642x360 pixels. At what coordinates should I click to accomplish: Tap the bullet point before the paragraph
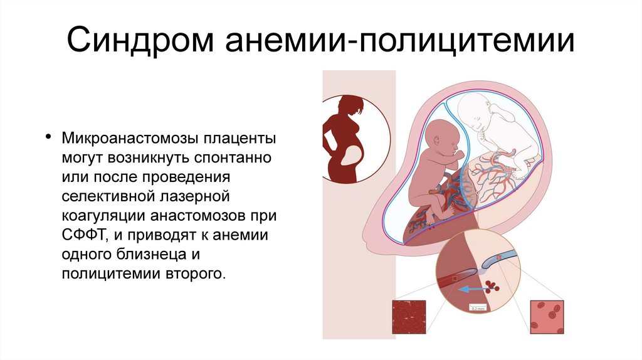click(x=48, y=137)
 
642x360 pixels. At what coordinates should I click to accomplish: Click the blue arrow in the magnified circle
click(x=471, y=289)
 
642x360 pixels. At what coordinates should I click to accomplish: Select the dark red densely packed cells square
click(x=408, y=316)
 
